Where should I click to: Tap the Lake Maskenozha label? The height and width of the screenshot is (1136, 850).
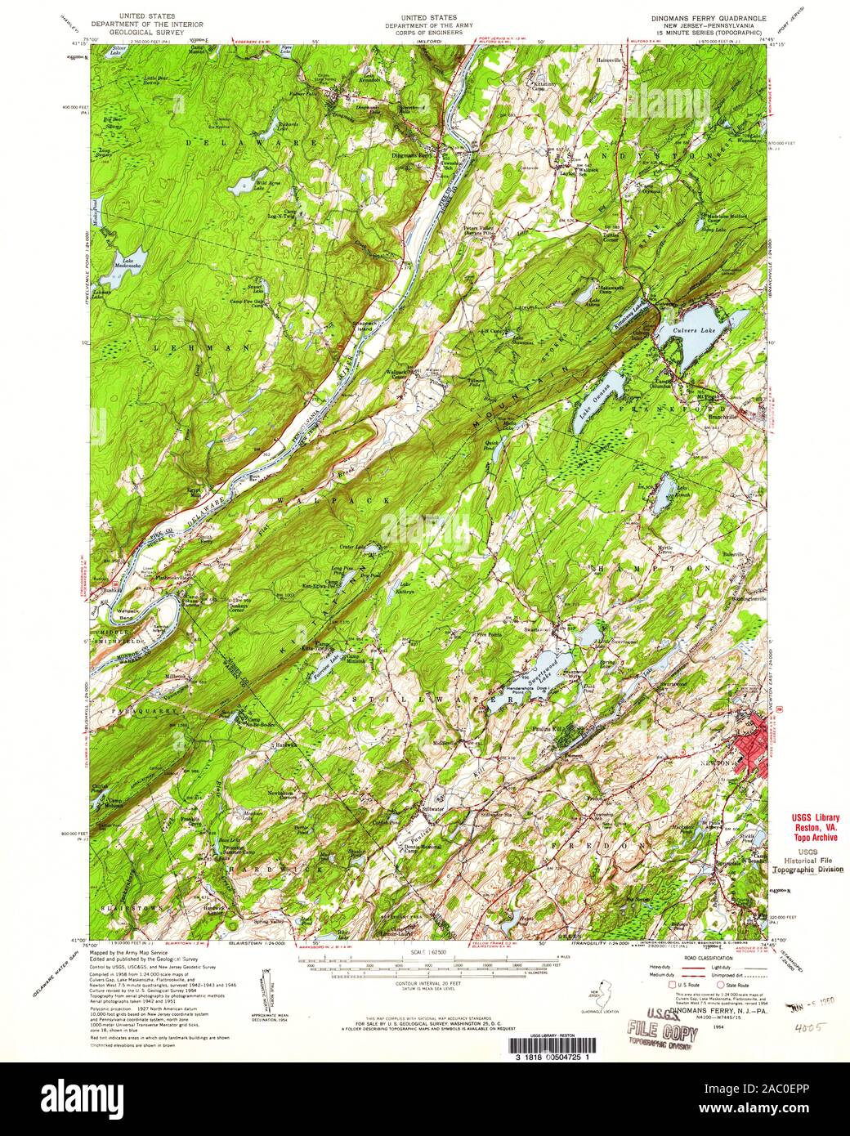click(x=127, y=266)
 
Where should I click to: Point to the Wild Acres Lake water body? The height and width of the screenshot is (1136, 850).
click(x=243, y=186)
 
